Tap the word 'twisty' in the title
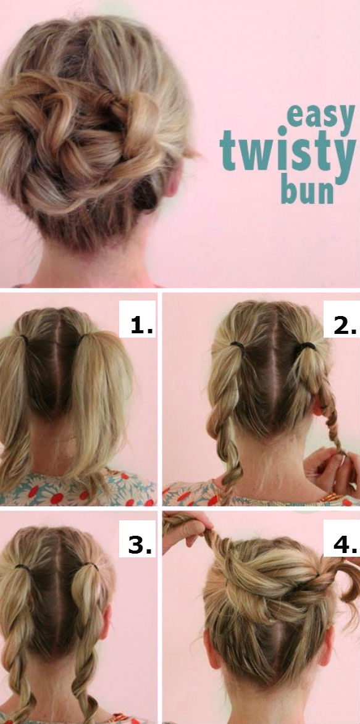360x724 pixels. coord(288,149)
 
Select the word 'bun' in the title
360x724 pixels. coord(307,190)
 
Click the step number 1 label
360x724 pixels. coord(137,323)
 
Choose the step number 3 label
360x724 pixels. coord(137,544)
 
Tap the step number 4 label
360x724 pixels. coord(341,544)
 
